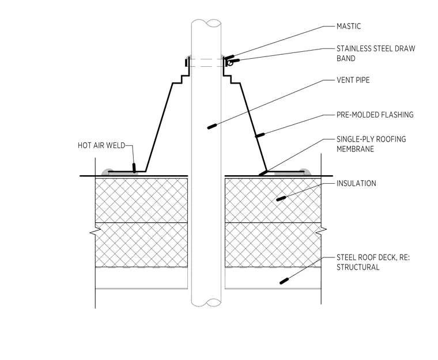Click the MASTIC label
tap(349, 26)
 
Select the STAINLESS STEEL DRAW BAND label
tap(376, 54)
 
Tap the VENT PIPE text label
tap(353, 80)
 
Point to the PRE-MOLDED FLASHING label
tap(375, 115)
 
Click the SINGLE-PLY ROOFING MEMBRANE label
tap(371, 144)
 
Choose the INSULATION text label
tap(356, 184)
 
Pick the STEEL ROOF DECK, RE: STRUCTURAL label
tap(373, 262)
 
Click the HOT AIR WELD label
tap(101, 146)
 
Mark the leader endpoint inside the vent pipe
tap(212, 126)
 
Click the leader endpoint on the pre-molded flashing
tap(260, 135)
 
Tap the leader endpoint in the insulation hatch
tap(281, 199)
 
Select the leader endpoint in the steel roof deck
tap(284, 281)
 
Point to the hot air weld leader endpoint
tap(134, 168)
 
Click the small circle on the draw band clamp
tap(230, 63)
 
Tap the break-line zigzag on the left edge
tap(95, 231)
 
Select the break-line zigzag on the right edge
tap(321, 231)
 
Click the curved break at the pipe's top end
tap(206, 23)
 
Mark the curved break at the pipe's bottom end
tap(206, 303)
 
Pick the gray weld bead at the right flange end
tap(305, 172)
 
